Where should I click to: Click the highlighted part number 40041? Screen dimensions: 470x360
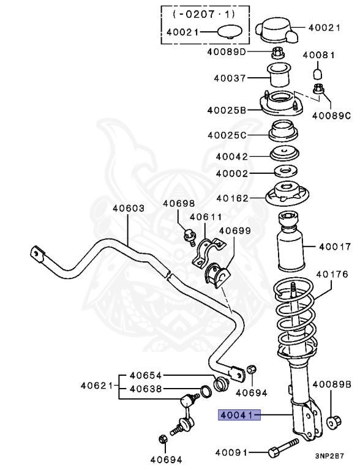coord(239,416)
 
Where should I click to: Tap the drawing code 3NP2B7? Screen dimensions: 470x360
coord(330,456)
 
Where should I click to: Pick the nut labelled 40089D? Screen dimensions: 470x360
coord(276,52)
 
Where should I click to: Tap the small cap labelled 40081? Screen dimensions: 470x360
coord(318,74)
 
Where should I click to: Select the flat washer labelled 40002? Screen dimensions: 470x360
coord(283,173)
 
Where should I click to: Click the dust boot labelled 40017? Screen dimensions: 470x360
coord(290,248)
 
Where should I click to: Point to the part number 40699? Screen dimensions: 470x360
coord(235,231)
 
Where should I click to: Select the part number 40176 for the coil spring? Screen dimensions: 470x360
coord(331,274)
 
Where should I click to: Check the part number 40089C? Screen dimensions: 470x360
coord(331,114)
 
